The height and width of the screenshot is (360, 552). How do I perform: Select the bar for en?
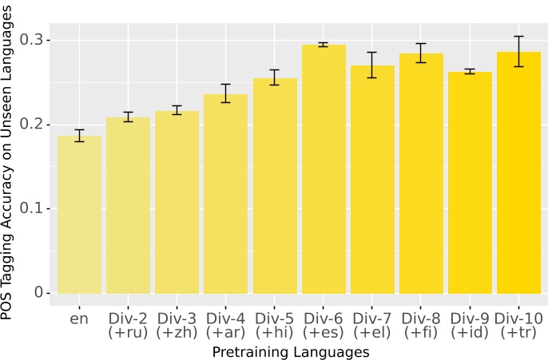(x=79, y=216)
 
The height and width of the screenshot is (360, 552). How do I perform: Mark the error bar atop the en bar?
(x=79, y=136)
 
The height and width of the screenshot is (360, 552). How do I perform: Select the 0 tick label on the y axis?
(x=38, y=294)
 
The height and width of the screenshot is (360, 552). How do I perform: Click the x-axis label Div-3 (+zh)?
(x=177, y=326)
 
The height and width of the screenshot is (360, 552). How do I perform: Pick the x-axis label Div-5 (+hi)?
(x=275, y=326)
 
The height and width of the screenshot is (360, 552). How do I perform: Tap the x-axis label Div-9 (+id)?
(x=470, y=326)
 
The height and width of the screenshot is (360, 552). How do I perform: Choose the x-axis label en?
(x=79, y=319)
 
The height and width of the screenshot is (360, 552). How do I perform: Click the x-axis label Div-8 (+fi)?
(x=421, y=326)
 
